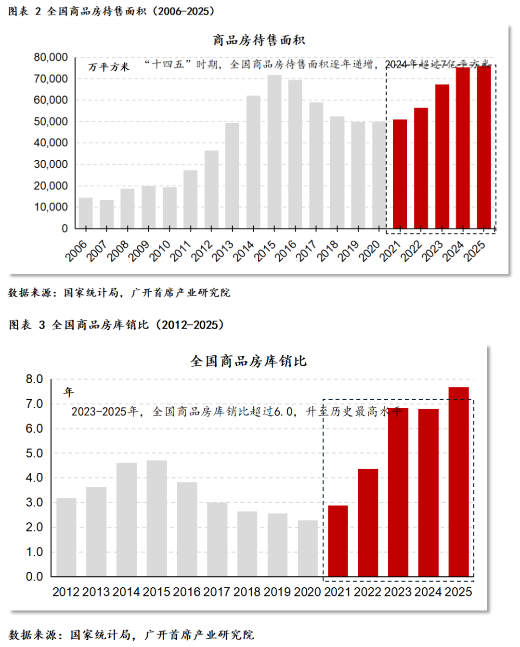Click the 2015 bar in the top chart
point(274,152)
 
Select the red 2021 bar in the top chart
point(400,174)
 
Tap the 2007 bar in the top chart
point(107,214)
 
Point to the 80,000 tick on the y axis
point(51,57)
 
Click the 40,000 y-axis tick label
point(51,143)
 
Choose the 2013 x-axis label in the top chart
point(222,251)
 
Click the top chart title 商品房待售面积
point(259,40)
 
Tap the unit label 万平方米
point(109,67)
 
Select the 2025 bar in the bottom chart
point(458,481)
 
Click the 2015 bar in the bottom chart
point(157,518)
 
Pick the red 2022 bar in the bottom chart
point(368,522)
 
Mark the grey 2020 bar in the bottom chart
point(308,548)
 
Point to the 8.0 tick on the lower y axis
point(34,379)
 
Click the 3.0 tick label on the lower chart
point(34,503)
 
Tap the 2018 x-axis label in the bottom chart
point(247,592)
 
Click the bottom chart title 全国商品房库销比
point(248,361)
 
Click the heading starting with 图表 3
point(117,325)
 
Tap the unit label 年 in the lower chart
point(69,392)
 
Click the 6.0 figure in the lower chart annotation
point(283,412)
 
